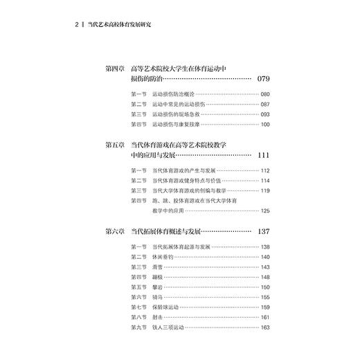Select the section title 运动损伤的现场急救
[x=174, y=114]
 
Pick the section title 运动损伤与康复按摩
[x=174, y=125]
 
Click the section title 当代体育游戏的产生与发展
[x=182, y=170]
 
